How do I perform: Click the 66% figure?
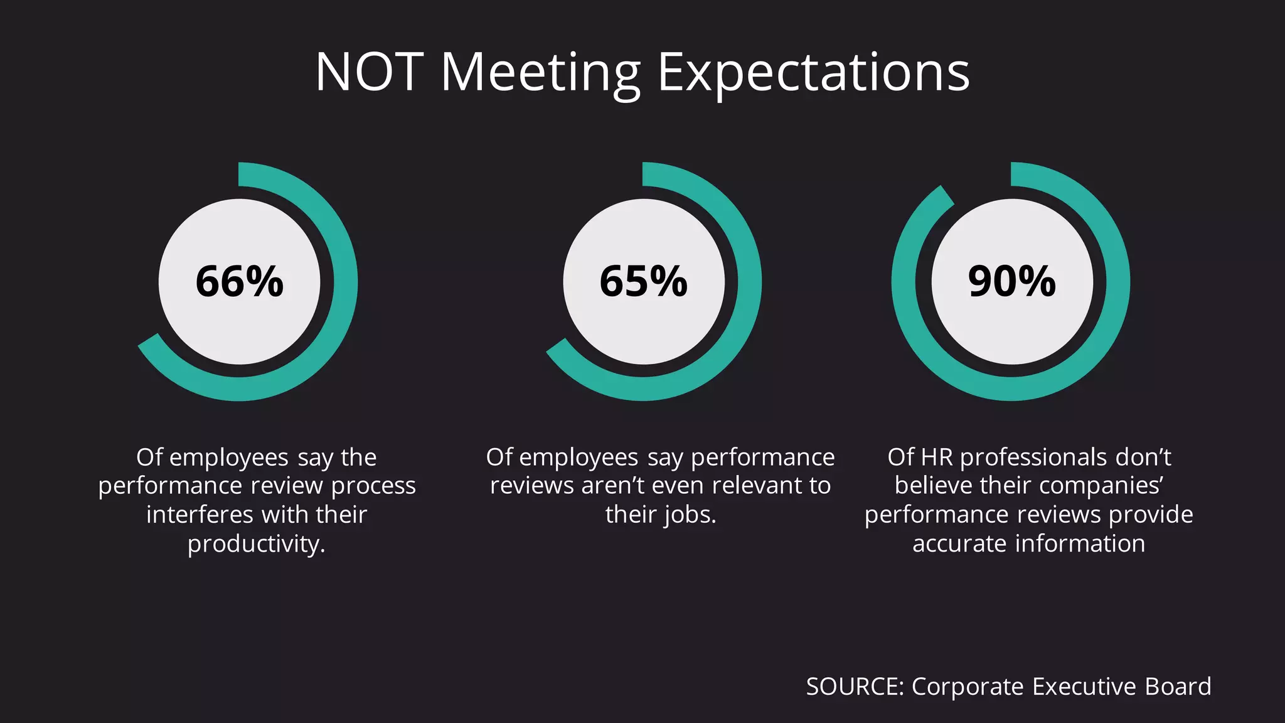239,281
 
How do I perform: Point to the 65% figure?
643,281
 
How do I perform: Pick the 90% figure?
1011,281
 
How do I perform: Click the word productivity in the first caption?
256,544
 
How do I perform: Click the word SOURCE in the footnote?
855,687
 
